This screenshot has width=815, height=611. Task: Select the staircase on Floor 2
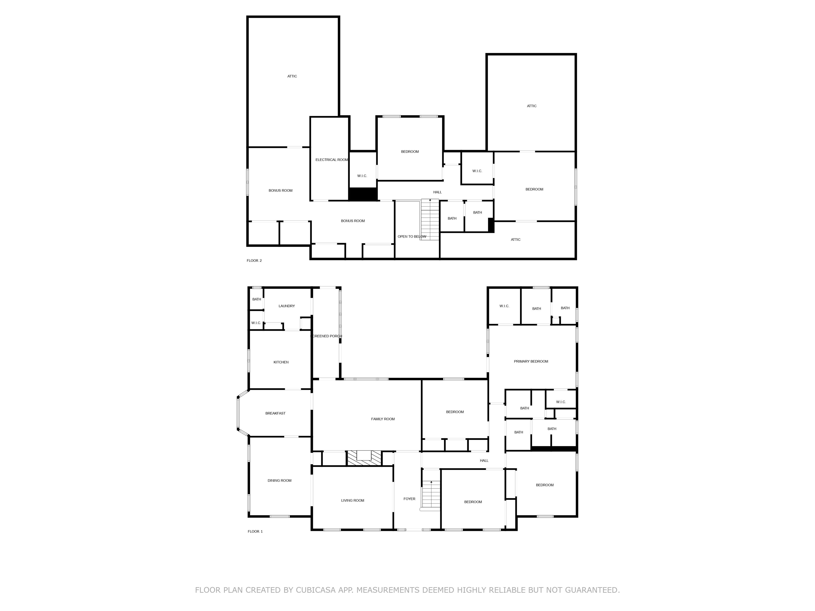(430, 220)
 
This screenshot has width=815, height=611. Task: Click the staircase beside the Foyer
(431, 495)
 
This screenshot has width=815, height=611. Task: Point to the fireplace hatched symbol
(365, 458)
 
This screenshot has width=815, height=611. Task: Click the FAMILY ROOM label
(383, 419)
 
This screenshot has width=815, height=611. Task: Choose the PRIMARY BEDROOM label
(531, 361)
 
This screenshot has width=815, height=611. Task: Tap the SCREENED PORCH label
(326, 336)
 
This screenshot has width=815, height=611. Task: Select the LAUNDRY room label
(287, 306)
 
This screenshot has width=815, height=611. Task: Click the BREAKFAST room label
(275, 413)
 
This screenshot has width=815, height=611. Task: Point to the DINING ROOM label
(279, 481)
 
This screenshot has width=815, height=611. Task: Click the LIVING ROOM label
(353, 500)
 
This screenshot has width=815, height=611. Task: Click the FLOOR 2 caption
(254, 261)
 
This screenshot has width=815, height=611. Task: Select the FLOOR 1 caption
(255, 531)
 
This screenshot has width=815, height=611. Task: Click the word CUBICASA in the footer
(316, 590)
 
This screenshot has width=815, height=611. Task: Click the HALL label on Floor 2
(437, 192)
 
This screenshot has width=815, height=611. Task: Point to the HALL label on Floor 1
(484, 461)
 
